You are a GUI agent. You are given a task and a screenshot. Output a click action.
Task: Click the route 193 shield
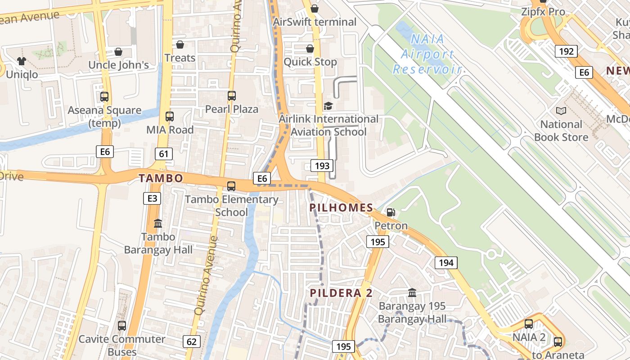tap(322, 166)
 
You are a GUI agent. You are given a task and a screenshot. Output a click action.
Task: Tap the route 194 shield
tap(446, 263)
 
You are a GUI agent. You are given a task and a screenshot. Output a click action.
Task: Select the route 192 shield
tap(566, 51)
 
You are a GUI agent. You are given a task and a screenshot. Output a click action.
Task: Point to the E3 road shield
tap(152, 198)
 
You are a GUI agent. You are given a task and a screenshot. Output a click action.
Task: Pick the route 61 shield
tap(163, 154)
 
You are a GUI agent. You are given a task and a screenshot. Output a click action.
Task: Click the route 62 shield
tap(192, 342)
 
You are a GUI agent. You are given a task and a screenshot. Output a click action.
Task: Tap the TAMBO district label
tap(161, 178)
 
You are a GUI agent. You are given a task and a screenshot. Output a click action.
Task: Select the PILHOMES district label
tap(342, 208)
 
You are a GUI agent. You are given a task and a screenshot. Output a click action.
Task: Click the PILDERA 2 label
tap(342, 293)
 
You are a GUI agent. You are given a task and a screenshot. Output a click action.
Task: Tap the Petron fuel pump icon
tap(391, 212)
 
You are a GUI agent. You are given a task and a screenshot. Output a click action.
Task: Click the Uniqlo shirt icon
tap(22, 61)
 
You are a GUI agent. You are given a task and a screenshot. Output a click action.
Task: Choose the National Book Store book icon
tap(561, 111)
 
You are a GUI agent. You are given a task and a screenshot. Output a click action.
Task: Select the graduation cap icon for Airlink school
tap(328, 106)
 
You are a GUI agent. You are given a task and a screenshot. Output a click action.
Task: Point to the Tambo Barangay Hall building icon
tap(158, 223)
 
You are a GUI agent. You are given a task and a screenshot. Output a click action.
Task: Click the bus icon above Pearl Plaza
tap(232, 96)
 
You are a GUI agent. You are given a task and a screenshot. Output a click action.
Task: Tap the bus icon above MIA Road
tap(170, 117)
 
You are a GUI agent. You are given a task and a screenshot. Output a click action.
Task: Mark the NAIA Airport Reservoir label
tap(427, 54)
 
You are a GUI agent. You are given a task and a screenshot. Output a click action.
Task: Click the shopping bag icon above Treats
tap(180, 45)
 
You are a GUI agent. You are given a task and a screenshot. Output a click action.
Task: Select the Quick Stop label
tap(310, 62)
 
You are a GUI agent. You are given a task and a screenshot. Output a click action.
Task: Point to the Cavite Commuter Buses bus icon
tap(122, 325)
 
